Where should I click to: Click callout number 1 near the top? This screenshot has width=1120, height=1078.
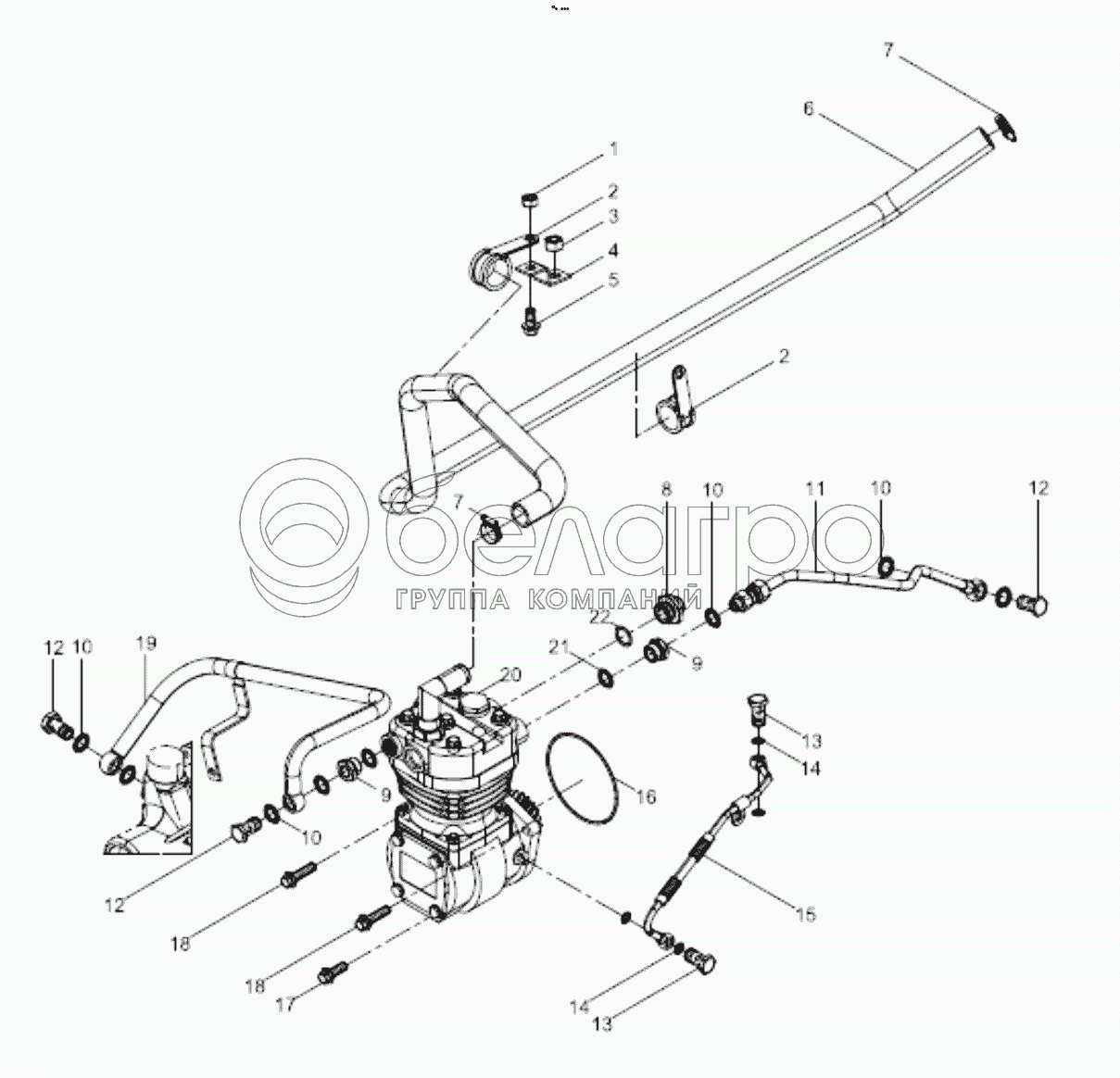(612, 148)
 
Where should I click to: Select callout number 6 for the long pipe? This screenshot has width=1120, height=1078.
(808, 108)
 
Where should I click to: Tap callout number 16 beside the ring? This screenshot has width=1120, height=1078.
(645, 796)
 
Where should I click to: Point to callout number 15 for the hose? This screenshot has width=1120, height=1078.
(806, 915)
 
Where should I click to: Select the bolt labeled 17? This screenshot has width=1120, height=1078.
(333, 972)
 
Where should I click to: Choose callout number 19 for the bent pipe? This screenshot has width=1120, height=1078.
(145, 643)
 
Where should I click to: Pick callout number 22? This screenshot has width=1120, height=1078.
(600, 615)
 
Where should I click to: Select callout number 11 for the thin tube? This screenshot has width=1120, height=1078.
(814, 487)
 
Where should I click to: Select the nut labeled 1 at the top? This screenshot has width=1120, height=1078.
(527, 200)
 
